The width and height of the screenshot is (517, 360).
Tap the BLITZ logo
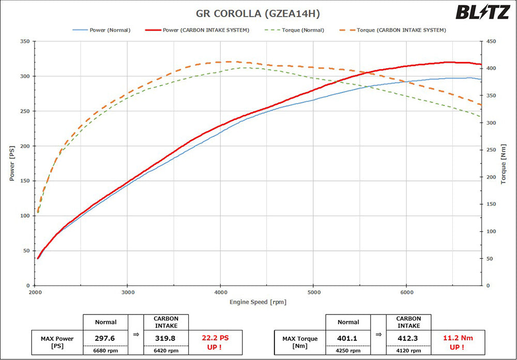coord(482,12)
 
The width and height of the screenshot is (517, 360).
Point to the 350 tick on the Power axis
coord(24,41)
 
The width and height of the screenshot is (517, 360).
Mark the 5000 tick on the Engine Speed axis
coord(313,292)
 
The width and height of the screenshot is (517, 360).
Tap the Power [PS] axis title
coord(12,163)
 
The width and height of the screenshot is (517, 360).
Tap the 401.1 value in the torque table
coord(348,338)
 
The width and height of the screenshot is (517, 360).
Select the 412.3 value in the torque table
coord(408,338)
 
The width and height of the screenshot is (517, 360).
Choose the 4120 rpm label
coord(408,351)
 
